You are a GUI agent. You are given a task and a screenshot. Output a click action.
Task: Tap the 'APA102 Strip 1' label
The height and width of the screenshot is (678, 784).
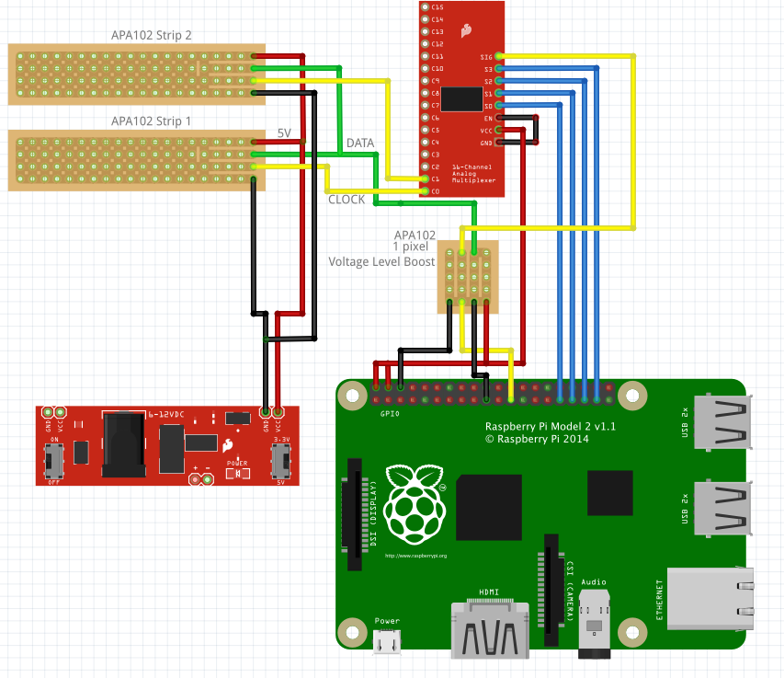click(x=151, y=121)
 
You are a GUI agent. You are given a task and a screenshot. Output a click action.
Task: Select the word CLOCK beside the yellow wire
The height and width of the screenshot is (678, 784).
click(x=347, y=200)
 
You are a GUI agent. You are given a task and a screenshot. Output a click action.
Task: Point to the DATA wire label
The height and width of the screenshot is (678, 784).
click(x=359, y=144)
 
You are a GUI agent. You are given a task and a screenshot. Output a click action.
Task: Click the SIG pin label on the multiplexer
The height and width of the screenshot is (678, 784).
click(x=486, y=57)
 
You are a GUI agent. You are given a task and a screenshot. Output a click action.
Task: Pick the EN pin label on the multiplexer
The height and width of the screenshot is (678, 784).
click(x=488, y=118)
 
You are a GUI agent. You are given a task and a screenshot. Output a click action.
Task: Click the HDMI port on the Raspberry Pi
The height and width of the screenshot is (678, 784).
click(x=489, y=631)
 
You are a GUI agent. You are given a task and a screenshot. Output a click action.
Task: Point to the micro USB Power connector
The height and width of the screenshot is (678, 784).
click(x=387, y=643)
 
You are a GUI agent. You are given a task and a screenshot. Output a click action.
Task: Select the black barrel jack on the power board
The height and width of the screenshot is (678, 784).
click(x=126, y=445)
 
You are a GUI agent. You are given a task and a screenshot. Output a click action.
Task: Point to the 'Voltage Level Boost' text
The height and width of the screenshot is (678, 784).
click(x=381, y=261)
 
